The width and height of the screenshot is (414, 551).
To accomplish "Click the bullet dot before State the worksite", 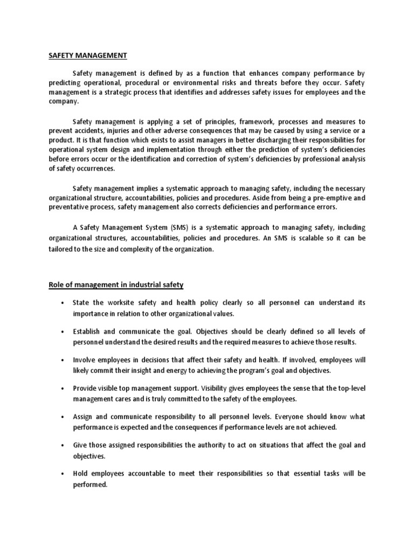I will pos(63,303).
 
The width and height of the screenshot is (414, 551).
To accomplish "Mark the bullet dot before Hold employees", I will pos(63,474).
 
